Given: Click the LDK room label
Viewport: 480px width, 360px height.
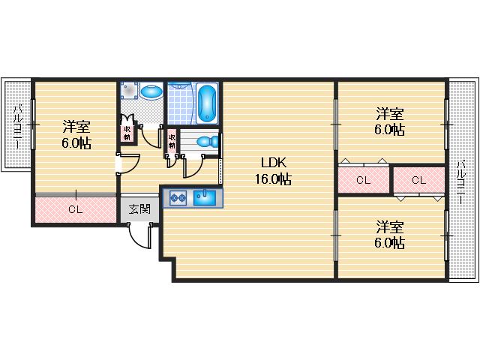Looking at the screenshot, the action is point(274,163).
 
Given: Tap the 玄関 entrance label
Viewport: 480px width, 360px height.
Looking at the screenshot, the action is point(139,209).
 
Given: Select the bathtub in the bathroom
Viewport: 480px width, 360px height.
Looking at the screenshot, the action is point(207,103).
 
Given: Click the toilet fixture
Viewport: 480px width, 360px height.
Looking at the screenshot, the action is point(208,142).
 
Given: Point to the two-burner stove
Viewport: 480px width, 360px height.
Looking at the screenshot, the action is point(178,198).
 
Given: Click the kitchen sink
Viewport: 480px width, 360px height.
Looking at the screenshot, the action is point(205,198).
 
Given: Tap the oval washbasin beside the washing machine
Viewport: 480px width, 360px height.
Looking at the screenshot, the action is point(151,91).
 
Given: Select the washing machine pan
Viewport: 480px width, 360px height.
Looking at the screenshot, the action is point(129,90).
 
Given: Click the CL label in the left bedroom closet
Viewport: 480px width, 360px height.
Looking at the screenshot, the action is point(75,209).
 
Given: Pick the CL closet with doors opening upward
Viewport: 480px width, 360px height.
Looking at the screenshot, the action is point(364,180).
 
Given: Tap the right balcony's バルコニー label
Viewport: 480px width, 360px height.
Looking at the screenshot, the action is point(461,182).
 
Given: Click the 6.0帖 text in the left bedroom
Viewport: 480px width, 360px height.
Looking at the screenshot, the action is point(76,142).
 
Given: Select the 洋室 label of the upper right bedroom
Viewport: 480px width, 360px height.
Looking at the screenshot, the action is point(390,114).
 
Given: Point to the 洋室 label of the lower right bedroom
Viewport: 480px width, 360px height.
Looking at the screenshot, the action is point(390,226).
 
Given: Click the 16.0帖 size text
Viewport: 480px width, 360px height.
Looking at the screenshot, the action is point(273,178).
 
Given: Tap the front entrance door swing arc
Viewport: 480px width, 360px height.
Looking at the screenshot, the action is point(139,236).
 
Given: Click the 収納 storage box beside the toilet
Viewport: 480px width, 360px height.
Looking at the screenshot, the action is point(172,141).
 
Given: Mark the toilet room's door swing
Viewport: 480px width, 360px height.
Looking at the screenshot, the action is point(193,166).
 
